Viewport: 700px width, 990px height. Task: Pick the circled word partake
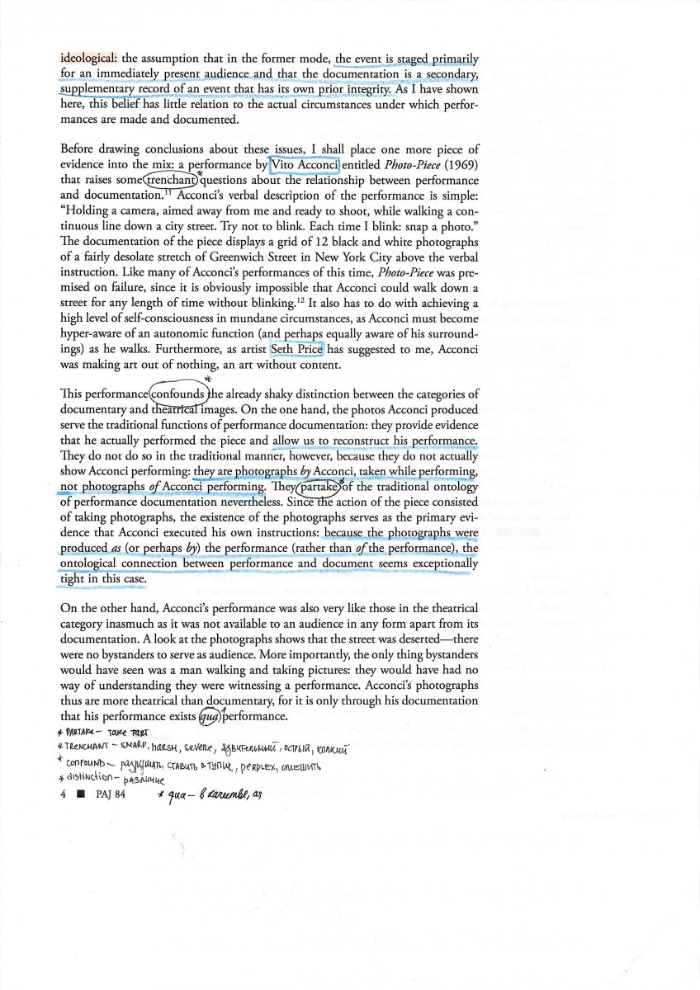(x=318, y=487)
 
